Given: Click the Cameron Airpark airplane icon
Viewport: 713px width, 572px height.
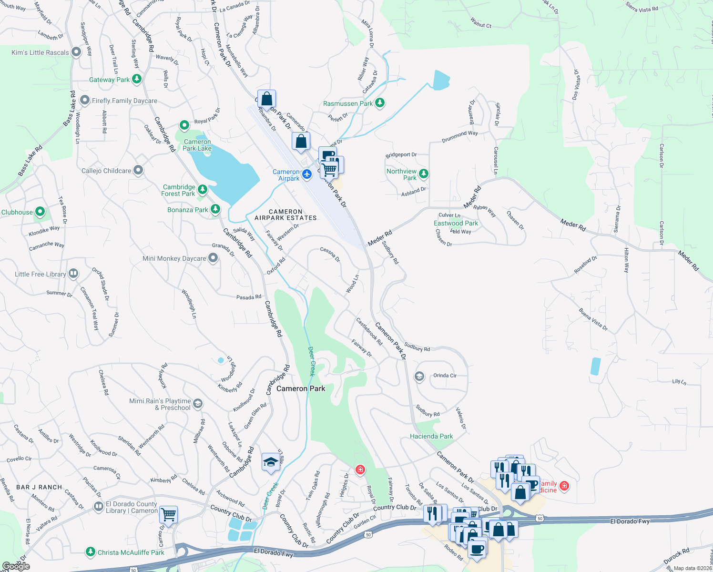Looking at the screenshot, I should tap(307, 174).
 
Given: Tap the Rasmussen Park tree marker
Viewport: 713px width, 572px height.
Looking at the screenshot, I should tap(380, 103).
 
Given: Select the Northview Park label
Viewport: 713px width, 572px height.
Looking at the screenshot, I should tap(402, 174).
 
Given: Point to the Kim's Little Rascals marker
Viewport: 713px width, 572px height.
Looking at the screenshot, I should tap(76, 52).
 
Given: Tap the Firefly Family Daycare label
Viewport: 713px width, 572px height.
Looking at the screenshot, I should tap(124, 101).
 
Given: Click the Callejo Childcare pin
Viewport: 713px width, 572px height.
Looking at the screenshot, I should tap(138, 170).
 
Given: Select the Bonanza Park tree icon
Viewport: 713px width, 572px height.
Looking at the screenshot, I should tap(215, 209).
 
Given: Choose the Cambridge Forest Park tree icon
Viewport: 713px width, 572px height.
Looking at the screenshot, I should tap(203, 190).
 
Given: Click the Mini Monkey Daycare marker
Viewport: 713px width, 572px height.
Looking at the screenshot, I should tap(213, 258).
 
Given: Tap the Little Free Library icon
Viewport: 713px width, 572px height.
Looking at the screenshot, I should tap(73, 274).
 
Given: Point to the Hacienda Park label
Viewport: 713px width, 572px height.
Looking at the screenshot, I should tap(431, 436).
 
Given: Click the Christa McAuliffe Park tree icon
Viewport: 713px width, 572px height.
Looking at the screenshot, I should tap(91, 552).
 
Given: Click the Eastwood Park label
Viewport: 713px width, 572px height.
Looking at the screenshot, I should tap(456, 223).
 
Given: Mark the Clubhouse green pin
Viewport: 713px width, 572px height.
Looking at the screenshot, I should tap(40, 211).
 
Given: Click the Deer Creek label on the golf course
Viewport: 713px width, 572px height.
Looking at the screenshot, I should tap(312, 361).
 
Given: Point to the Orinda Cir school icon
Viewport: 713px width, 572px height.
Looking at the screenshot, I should tap(419, 377).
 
